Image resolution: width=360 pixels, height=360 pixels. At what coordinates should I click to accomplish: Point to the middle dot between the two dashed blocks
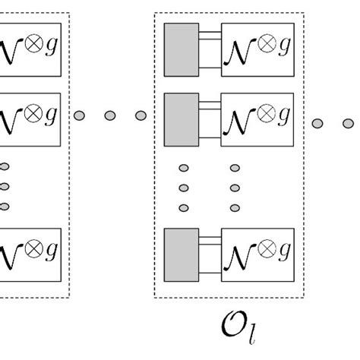click(x=109, y=115)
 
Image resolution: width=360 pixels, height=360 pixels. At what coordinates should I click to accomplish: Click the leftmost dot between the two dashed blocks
click(x=80, y=115)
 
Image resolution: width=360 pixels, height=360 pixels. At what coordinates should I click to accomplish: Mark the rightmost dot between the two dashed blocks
click(x=140, y=115)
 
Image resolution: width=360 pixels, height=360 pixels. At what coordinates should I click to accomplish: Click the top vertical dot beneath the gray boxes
click(x=182, y=168)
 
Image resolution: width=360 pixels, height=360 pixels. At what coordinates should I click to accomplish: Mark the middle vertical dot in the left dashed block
click(x=5, y=187)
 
